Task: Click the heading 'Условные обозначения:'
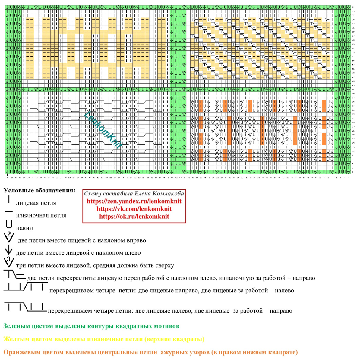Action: click(x=39, y=191)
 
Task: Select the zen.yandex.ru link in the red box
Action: click(x=134, y=201)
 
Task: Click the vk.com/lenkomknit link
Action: click(x=134, y=209)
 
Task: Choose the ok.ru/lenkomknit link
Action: click(x=134, y=216)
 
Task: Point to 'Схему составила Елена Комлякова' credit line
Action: click(x=134, y=194)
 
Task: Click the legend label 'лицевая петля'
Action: click(x=36, y=203)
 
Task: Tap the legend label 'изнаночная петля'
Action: click(x=41, y=215)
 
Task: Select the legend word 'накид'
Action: click(x=25, y=228)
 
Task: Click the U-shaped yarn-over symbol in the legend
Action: click(x=9, y=224)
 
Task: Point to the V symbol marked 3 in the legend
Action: click(x=9, y=262)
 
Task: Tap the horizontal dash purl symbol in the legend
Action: click(x=9, y=212)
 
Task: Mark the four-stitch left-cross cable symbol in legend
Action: click(x=26, y=307)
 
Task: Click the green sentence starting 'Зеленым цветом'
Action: click(x=91, y=326)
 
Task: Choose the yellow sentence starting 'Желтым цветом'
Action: click(x=104, y=339)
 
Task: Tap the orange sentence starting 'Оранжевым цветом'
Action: click(x=150, y=352)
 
